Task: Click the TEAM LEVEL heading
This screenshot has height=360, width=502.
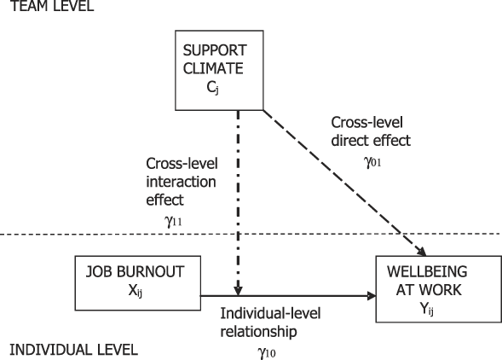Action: click(53, 6)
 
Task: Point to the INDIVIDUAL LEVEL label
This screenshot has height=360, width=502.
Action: click(73, 350)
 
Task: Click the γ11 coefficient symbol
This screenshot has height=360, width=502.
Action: click(173, 221)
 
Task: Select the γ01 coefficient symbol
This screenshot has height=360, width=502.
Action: click(372, 162)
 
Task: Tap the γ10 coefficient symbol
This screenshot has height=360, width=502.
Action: click(267, 353)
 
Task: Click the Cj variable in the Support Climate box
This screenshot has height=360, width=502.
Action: click(213, 87)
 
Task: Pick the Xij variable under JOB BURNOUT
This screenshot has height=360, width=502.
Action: click(136, 291)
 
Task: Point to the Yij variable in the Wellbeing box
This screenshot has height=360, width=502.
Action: click(427, 308)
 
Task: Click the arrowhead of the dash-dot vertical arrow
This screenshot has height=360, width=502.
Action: click(238, 291)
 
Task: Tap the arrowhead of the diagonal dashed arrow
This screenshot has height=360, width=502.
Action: click(422, 252)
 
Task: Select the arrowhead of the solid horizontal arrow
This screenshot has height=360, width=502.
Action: click(372, 296)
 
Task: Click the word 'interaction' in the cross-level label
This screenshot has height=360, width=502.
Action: click(182, 182)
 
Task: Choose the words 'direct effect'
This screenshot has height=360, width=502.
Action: click(371, 141)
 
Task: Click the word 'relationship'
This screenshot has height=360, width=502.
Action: click(259, 332)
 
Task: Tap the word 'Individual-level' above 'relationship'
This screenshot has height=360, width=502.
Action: click(270, 313)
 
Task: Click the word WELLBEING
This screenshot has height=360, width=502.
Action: click(427, 272)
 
